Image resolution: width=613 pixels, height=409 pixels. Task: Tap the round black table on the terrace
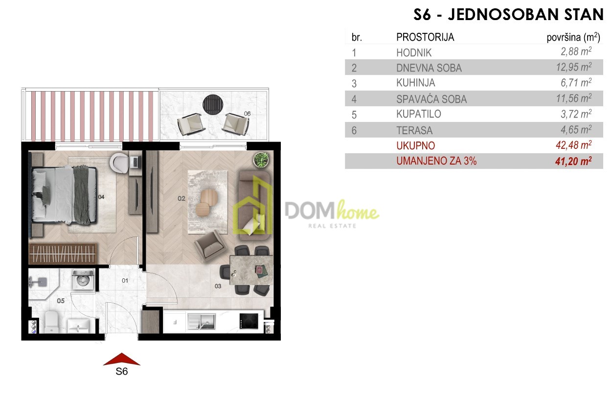coord(213,105)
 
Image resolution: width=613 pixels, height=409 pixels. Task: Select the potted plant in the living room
coord(261,160)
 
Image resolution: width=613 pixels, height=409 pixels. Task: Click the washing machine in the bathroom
coord(83,279)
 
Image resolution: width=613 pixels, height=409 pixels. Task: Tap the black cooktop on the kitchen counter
coord(249,321)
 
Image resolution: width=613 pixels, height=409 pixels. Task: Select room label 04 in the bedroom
coord(101,197)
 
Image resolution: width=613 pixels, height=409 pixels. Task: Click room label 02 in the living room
coord(182,198)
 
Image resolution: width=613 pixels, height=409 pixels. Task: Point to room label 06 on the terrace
coord(247,114)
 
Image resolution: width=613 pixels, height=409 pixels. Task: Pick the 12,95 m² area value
coord(573,67)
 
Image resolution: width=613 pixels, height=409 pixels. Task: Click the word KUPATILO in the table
coord(419,114)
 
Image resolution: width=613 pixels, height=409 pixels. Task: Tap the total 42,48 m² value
coord(573,145)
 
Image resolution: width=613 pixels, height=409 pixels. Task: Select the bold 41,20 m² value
coord(573,161)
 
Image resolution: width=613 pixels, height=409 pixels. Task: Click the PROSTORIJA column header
coord(425,37)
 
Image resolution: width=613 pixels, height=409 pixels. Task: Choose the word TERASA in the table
coord(414,130)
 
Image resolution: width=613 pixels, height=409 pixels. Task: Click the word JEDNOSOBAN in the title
coord(489,15)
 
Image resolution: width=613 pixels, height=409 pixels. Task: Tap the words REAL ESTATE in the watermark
coord(332,226)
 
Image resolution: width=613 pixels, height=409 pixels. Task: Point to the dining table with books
coord(251,270)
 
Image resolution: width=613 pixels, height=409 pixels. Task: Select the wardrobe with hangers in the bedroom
coord(63,254)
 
